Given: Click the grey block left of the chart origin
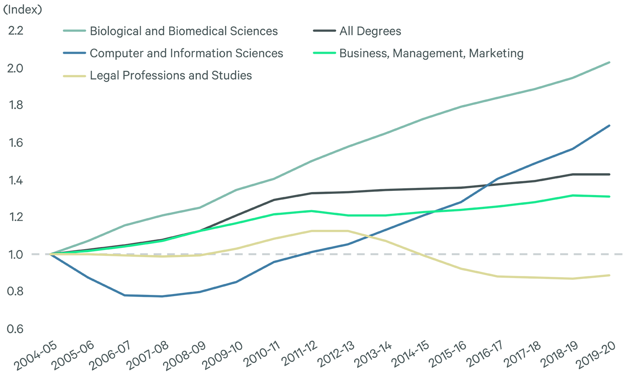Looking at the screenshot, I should [x=38, y=254].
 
